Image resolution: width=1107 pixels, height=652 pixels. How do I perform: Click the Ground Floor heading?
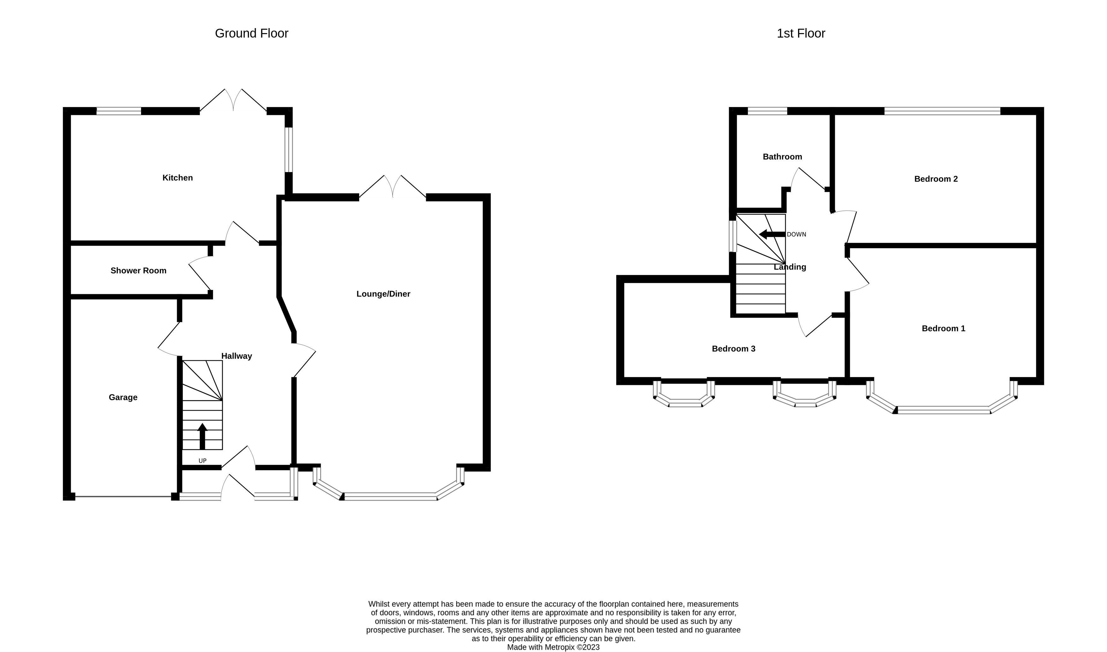(x=251, y=33)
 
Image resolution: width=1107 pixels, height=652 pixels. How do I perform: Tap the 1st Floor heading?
(x=800, y=33)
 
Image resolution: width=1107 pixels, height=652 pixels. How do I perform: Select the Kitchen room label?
(x=177, y=177)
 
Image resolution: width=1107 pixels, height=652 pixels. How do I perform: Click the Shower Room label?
(x=138, y=271)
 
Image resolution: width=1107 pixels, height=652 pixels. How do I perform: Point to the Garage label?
(x=123, y=397)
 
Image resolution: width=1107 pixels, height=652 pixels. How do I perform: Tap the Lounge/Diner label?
(x=383, y=294)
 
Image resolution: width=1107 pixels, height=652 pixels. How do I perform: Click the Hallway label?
(x=236, y=356)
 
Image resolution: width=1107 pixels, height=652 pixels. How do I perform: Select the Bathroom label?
(x=783, y=157)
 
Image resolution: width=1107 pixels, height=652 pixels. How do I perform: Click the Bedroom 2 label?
(x=936, y=179)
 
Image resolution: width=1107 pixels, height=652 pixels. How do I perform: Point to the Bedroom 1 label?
(x=943, y=328)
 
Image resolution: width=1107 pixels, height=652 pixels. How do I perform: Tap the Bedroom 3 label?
(x=734, y=349)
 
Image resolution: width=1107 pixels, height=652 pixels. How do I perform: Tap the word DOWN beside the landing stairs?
(x=796, y=235)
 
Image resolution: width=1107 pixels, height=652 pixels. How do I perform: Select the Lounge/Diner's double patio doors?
(x=393, y=186)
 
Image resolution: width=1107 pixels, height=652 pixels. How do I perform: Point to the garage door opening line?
(x=123, y=496)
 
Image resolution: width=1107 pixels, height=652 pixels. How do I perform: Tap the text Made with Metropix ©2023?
(x=553, y=647)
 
